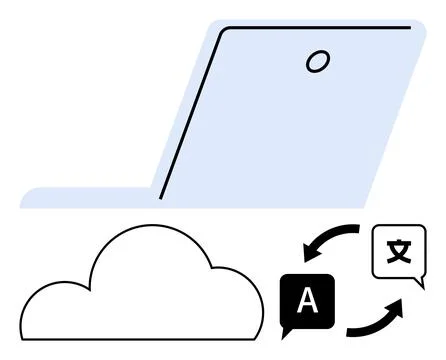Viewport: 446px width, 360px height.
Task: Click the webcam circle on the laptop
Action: coord(317,61)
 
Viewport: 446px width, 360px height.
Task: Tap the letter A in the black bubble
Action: coord(308,301)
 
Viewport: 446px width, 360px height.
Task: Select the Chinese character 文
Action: coord(398,250)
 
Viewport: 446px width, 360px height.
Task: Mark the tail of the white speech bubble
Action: coord(416,284)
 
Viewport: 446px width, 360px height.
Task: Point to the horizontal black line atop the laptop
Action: coord(320,27)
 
